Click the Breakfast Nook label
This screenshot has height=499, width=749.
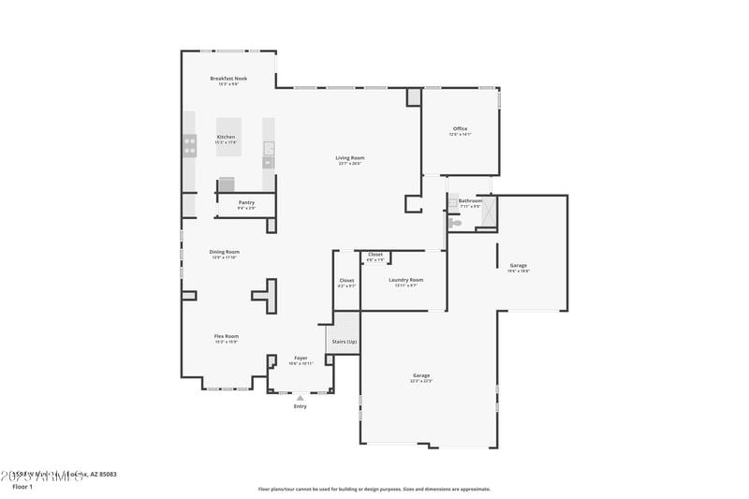228,79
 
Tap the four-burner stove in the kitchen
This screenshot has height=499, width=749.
190,145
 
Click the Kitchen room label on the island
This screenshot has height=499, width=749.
227,137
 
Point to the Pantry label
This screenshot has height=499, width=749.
246,202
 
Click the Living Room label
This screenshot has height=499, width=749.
350,157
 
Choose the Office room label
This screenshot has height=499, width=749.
460,129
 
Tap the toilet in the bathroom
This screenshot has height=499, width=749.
456,223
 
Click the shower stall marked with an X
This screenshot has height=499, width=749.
488,213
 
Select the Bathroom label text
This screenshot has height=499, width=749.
470,200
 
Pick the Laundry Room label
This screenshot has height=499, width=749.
405,280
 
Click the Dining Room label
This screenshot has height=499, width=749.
225,252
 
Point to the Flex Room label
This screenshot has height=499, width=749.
227,336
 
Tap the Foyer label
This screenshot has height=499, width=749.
301,358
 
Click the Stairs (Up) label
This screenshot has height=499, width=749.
345,342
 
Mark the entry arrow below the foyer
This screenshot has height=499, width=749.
301,398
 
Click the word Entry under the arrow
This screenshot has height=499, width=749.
301,406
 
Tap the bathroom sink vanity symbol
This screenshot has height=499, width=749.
452,202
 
